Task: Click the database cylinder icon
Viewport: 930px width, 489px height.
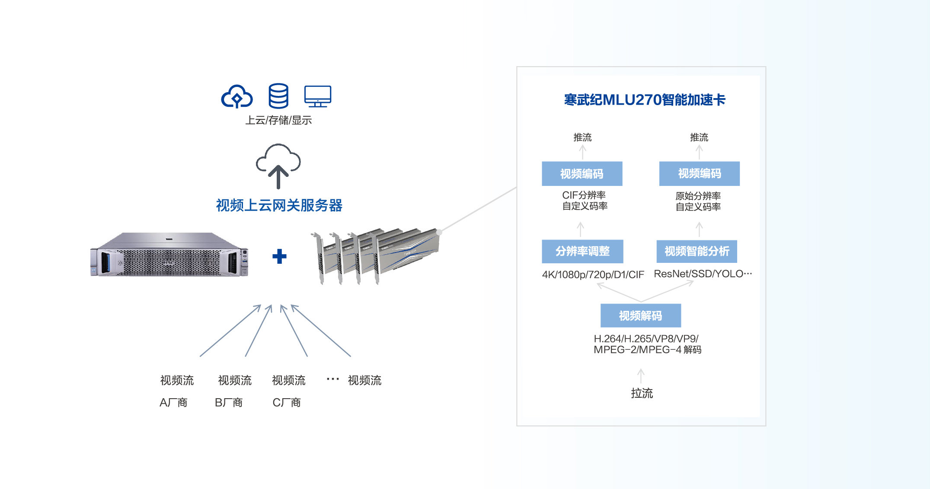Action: (x=278, y=96)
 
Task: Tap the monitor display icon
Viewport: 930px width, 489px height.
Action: (x=318, y=96)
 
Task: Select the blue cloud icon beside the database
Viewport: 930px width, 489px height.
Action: (x=236, y=96)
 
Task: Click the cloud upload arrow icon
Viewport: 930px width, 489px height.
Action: (x=278, y=166)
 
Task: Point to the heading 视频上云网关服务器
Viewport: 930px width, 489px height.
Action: (x=279, y=205)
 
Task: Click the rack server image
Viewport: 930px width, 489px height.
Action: (x=169, y=255)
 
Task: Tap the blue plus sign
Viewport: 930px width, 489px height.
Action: (x=279, y=256)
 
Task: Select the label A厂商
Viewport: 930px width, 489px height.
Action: (x=173, y=403)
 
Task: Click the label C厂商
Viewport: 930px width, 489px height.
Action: (x=286, y=403)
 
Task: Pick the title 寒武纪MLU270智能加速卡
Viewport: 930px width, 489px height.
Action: (x=644, y=100)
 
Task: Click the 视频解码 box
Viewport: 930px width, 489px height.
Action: (x=640, y=316)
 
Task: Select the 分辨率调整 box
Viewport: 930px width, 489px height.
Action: (x=582, y=251)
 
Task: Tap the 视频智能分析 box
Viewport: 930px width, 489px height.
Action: (x=697, y=251)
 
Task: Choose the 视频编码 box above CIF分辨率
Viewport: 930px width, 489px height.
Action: (x=582, y=174)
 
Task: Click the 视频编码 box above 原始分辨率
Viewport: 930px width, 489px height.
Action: (x=699, y=174)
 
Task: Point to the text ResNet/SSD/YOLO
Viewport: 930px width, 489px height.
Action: (x=703, y=274)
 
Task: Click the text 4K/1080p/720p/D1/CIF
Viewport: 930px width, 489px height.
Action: (x=593, y=275)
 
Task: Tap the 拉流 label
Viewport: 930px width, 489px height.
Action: (x=642, y=393)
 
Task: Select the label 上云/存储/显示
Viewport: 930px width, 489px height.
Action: (x=278, y=120)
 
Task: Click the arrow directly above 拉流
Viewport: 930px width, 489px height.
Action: (x=641, y=375)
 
